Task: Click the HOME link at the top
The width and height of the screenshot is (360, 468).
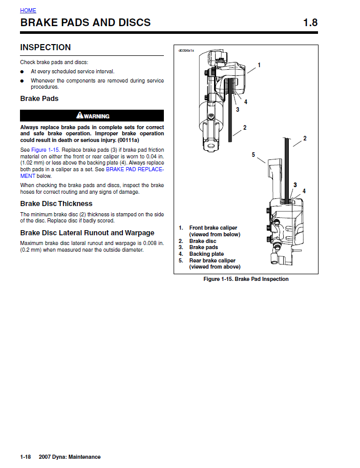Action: pyautogui.click(x=28, y=10)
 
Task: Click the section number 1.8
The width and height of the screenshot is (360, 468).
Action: pyautogui.click(x=310, y=23)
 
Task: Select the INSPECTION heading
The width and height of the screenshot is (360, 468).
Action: pyautogui.click(x=46, y=48)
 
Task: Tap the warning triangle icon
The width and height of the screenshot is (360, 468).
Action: pyautogui.click(x=80, y=115)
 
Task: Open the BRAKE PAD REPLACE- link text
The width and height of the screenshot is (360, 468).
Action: pyautogui.click(x=135, y=169)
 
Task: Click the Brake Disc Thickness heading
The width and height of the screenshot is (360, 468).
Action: pyautogui.click(x=56, y=204)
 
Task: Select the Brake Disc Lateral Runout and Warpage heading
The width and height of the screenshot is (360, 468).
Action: pyautogui.click(x=87, y=233)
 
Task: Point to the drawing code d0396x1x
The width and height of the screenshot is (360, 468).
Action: pyautogui.click(x=186, y=51)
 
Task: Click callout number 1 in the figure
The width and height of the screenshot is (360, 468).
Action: pyautogui.click(x=259, y=65)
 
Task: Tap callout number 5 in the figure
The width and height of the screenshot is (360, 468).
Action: pyautogui.click(x=253, y=154)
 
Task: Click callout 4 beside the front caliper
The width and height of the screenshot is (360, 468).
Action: pyautogui.click(x=246, y=101)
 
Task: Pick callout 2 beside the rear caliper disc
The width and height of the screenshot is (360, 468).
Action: pyautogui.click(x=305, y=138)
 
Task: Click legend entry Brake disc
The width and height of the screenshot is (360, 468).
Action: pyautogui.click(x=203, y=241)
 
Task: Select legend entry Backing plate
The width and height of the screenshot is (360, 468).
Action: pyautogui.click(x=206, y=254)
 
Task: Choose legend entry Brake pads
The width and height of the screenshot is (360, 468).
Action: pyautogui.click(x=203, y=247)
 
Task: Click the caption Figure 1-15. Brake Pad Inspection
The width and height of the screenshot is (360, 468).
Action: pyautogui.click(x=246, y=279)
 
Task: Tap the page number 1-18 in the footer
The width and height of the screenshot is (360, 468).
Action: pyautogui.click(x=26, y=457)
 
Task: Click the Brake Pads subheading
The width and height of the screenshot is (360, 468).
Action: pyautogui.click(x=39, y=98)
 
